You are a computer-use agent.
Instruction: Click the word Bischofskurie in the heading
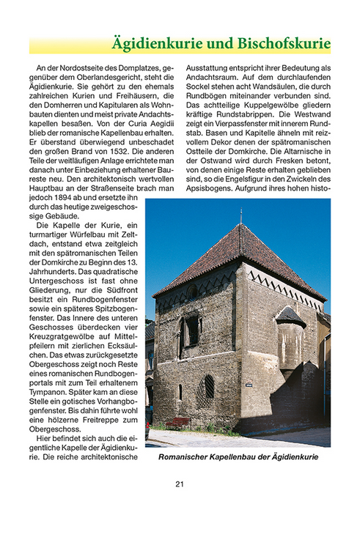point(284,43)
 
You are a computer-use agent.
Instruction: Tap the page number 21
point(180,484)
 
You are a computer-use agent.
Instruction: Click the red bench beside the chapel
point(178,423)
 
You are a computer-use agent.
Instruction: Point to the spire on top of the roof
point(240,216)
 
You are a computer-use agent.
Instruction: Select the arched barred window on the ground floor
point(208,387)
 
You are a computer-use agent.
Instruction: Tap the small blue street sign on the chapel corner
point(249,382)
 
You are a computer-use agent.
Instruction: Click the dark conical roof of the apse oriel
point(290,316)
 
